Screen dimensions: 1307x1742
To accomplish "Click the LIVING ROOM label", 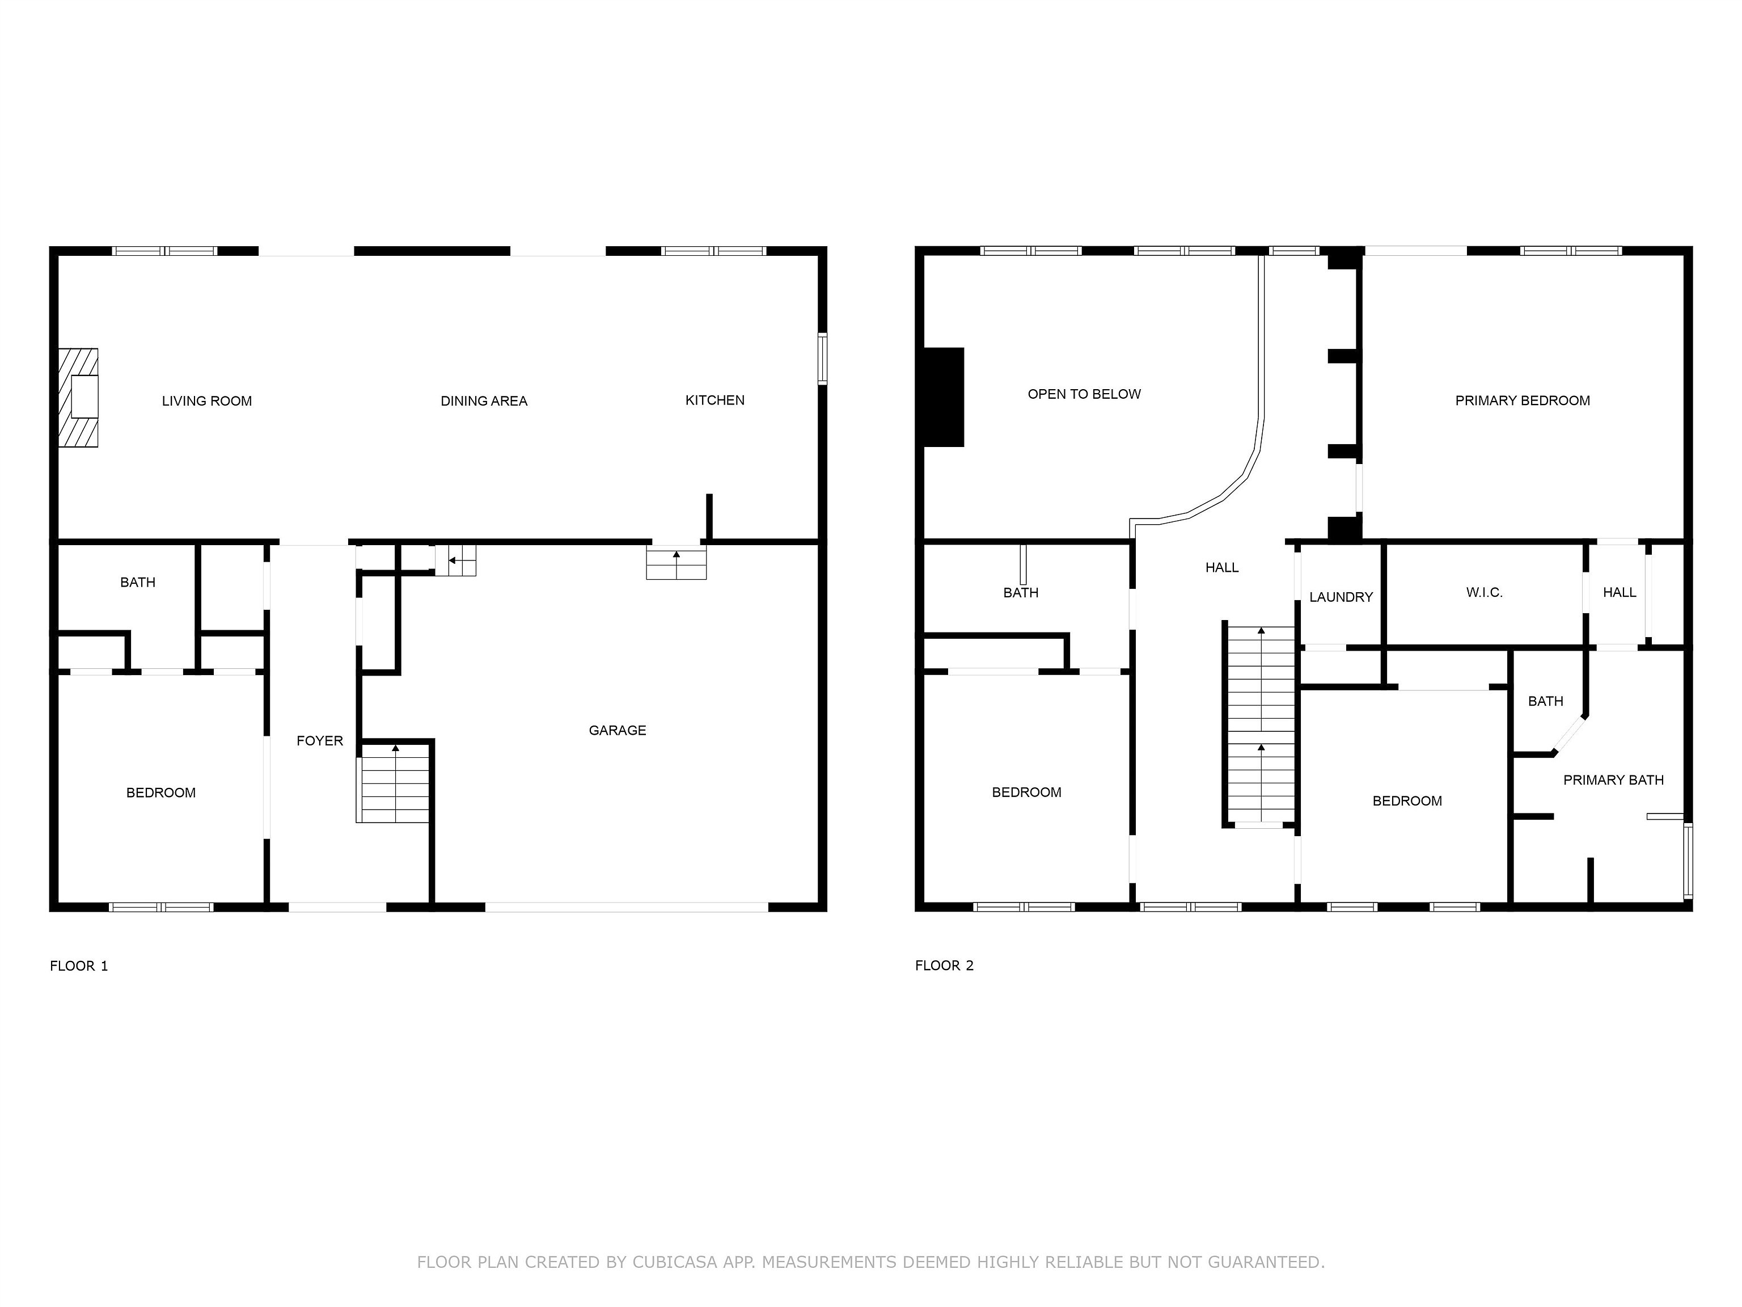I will [206, 401].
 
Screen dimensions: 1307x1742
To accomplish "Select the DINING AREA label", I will [484, 401].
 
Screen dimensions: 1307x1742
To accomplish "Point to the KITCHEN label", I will [714, 400].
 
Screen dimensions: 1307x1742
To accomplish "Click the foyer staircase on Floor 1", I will [394, 784].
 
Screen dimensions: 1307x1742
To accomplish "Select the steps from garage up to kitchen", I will [676, 563].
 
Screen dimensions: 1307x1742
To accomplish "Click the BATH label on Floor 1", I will [137, 582].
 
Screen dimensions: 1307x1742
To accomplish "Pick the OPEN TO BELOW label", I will [1084, 394].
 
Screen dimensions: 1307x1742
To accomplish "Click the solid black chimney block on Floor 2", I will [944, 397].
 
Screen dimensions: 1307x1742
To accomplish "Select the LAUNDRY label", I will [1341, 597].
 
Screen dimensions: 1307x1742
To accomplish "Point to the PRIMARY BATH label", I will [1613, 780].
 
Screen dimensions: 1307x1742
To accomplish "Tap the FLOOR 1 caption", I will [79, 966].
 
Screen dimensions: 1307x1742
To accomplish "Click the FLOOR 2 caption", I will [944, 966].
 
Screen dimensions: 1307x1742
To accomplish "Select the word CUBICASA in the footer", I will [674, 1262].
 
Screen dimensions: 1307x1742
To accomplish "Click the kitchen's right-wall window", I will [822, 359].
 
